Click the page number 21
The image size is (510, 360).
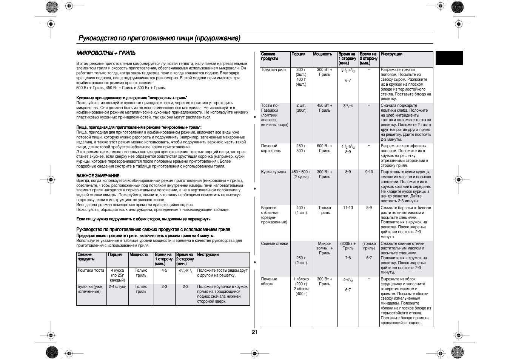pyautogui.click(x=254, y=332)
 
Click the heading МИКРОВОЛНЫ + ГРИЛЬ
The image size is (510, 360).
pyautogui.click(x=106, y=53)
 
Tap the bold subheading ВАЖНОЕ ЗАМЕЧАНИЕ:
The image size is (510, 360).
pyautogui.click(x=98, y=176)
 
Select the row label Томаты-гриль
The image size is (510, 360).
pyautogui.click(x=274, y=70)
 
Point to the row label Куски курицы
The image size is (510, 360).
pyautogui.click(x=273, y=172)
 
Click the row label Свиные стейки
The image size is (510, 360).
pyautogui.click(x=274, y=244)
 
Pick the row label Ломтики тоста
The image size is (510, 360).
pyautogui.click(x=91, y=271)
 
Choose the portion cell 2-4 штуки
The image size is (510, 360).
pyautogui.click(x=117, y=287)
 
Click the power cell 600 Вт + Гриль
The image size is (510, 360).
pyautogui.click(x=325, y=148)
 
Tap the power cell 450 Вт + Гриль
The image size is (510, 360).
pyautogui.click(x=325, y=108)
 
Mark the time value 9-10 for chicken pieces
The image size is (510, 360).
pyautogui.click(x=369, y=172)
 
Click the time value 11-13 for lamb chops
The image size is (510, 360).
pyautogui.click(x=348, y=208)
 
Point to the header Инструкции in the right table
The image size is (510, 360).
pyautogui.click(x=391, y=54)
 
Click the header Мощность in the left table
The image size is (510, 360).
pyautogui.click(x=139, y=255)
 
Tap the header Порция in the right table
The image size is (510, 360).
pyautogui.click(x=298, y=54)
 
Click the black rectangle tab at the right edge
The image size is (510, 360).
pyautogui.click(x=449, y=58)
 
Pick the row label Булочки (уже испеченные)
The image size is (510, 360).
pyautogui.click(x=90, y=289)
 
